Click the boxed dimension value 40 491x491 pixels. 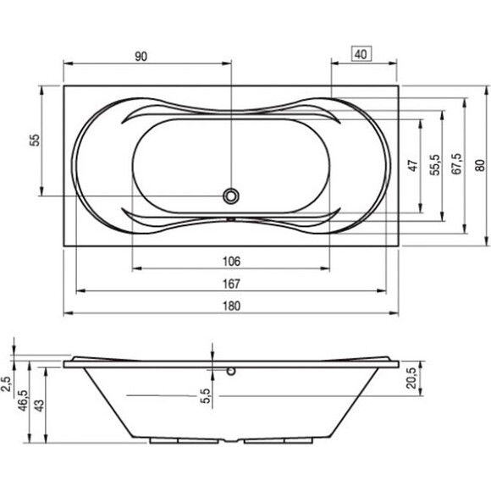(361, 54)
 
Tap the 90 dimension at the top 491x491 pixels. (141, 57)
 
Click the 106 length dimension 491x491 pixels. (231, 261)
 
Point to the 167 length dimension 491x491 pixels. (231, 284)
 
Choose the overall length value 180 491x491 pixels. (231, 306)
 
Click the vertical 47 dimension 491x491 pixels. (414, 165)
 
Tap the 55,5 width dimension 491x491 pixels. (435, 165)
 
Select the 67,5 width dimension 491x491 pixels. (457, 163)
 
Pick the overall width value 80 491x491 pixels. (480, 165)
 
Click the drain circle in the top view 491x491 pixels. (231, 196)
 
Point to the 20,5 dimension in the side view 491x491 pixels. (411, 378)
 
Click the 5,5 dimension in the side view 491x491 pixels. (205, 396)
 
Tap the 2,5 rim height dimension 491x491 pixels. (6, 383)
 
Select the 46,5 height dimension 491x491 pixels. (23, 400)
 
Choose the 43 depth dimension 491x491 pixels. (40, 405)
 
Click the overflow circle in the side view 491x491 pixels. (231, 372)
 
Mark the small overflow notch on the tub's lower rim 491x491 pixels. (231, 219)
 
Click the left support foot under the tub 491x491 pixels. (185, 440)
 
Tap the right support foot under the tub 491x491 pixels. (278, 440)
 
